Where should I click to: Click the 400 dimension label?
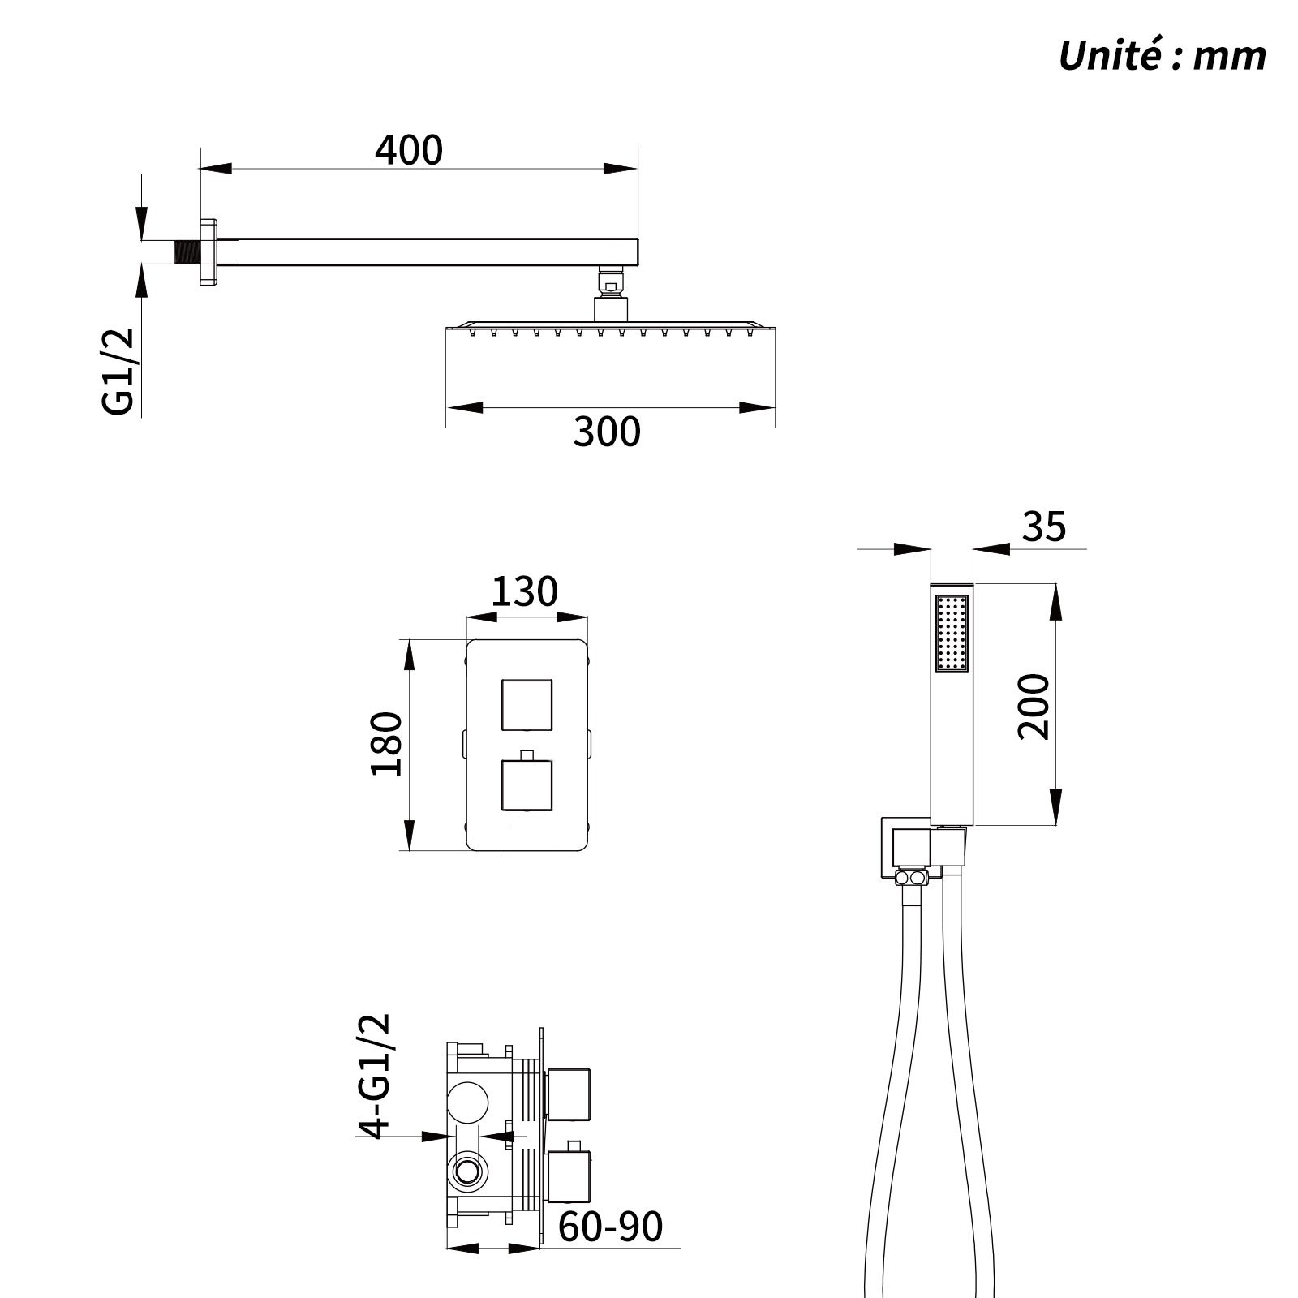pos(409,150)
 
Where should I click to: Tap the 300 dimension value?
pos(607,432)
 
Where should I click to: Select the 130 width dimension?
pos(525,592)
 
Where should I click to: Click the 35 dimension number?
pos(1043,527)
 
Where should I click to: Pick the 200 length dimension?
pos(1034,706)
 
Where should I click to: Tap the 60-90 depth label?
pos(610,1227)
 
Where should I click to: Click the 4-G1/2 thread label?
pos(375,1076)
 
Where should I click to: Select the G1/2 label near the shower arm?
pos(118,371)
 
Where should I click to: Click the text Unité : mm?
pos(1162,56)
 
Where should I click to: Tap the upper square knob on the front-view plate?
pos(527,704)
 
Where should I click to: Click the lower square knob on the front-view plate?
pos(527,784)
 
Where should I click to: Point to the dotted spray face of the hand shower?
pos(952,634)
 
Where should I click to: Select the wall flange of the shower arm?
pos(208,251)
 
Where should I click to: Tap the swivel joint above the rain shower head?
pos(610,283)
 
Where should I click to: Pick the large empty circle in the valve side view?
pos(467,1103)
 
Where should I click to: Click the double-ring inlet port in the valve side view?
pos(467,1171)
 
